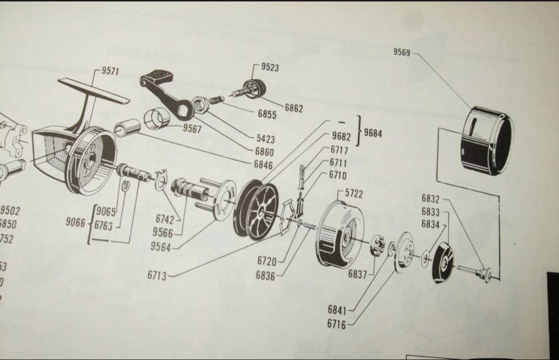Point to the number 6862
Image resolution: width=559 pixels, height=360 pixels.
pos(293,108)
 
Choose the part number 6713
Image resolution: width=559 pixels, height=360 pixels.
pos(157,275)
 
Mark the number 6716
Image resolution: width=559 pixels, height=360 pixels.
pos(337,324)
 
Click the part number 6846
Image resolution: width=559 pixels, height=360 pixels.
pos(263,164)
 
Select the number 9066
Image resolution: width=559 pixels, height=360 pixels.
pos(76,222)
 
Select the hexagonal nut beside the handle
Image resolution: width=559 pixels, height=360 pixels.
pos(200,106)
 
